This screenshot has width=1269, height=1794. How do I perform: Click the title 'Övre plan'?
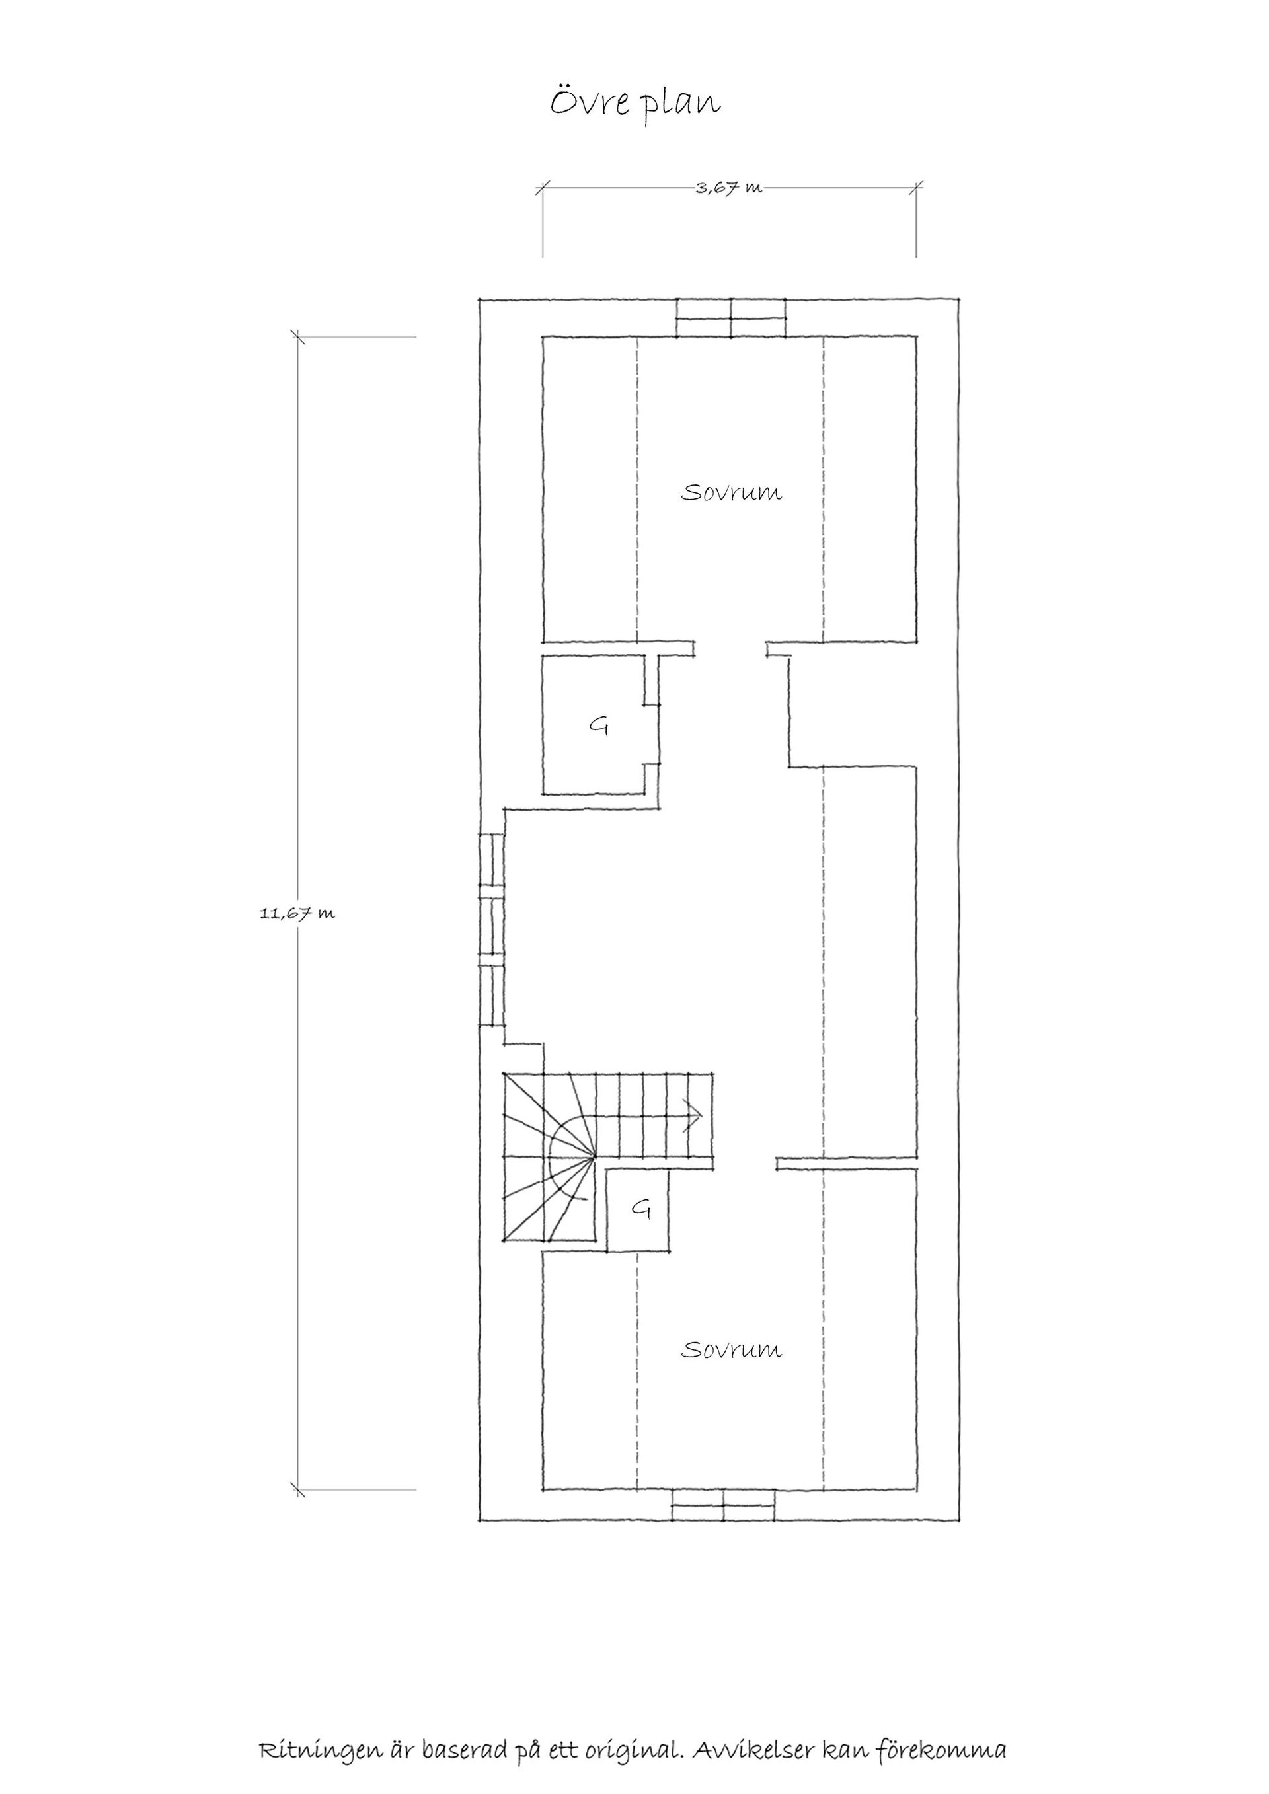point(634,103)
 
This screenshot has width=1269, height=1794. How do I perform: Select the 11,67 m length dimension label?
point(297,913)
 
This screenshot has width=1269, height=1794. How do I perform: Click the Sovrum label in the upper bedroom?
point(732,493)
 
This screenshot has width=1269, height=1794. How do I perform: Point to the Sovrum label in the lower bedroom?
point(732,1350)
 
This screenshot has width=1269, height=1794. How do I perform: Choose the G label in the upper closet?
point(599,728)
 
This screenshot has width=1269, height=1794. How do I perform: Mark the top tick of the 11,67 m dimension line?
point(297,337)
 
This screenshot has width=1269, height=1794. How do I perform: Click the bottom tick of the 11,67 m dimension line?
point(297,1489)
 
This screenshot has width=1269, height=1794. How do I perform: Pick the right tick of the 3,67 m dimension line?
point(917,187)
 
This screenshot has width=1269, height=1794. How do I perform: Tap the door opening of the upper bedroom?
point(730,648)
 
